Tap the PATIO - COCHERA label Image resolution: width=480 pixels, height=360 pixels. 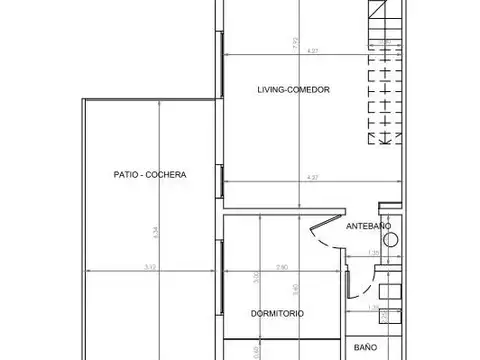click(151, 174)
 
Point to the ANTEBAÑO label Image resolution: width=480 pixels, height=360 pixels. click(366, 227)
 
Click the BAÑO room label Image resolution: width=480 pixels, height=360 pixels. click(365, 347)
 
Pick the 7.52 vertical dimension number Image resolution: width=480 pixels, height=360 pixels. click(310, 42)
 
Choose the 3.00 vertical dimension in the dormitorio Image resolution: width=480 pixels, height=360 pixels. click(256, 278)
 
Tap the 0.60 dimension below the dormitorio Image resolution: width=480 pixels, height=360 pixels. click(256, 351)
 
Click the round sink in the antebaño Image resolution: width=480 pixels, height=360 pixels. click(391, 239)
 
